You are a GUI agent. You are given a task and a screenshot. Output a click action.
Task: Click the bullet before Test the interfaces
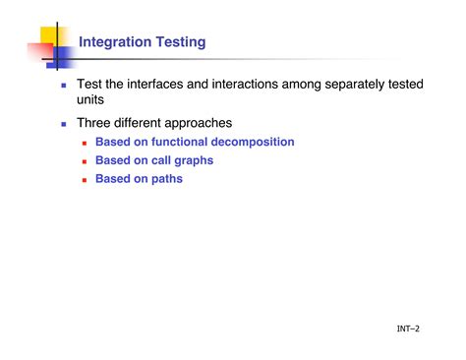(x=64, y=87)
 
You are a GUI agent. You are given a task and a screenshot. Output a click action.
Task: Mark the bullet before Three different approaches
(x=64, y=125)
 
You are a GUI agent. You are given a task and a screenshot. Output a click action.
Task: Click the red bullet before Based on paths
(x=85, y=180)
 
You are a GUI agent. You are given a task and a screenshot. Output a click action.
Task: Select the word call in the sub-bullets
(x=160, y=161)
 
